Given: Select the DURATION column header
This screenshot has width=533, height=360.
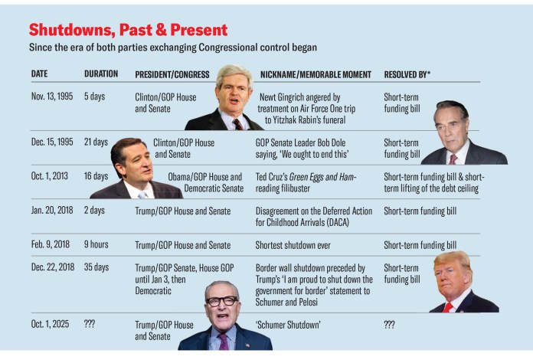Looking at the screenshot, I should (101, 74).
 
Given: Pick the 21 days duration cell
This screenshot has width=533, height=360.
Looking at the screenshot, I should (96, 142).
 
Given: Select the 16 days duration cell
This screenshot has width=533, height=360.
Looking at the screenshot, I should (96, 176).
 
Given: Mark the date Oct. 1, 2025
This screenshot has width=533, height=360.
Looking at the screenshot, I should (50, 325).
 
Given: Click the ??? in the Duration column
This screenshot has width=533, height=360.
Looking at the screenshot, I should (90, 325).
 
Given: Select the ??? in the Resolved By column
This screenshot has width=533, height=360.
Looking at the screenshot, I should (389, 325).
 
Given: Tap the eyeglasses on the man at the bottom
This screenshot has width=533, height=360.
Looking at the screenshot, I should (222, 301).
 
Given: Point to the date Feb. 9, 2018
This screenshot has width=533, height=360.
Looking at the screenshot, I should (50, 245).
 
